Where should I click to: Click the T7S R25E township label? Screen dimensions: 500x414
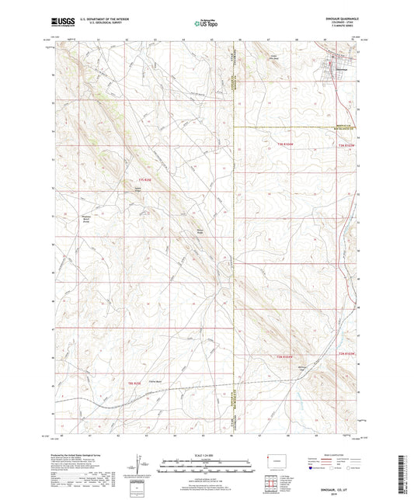[x=140, y=181]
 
